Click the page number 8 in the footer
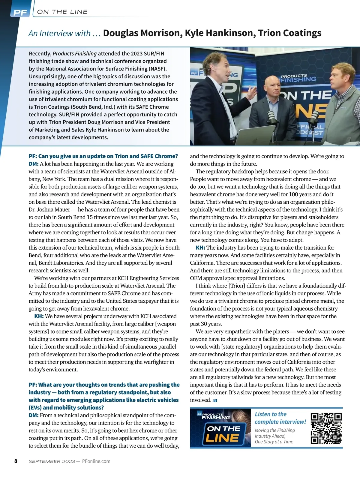click(x=16, y=461)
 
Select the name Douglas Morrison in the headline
click(x=142, y=33)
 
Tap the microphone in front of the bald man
click(x=271, y=117)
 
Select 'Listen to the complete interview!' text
click(x=280, y=418)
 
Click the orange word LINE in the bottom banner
click(x=222, y=439)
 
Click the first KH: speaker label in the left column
click(x=39, y=316)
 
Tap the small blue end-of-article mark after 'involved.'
click(x=215, y=400)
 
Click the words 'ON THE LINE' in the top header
click(x=62, y=12)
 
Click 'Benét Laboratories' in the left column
click(x=61, y=263)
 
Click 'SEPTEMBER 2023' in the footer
click(x=52, y=461)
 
